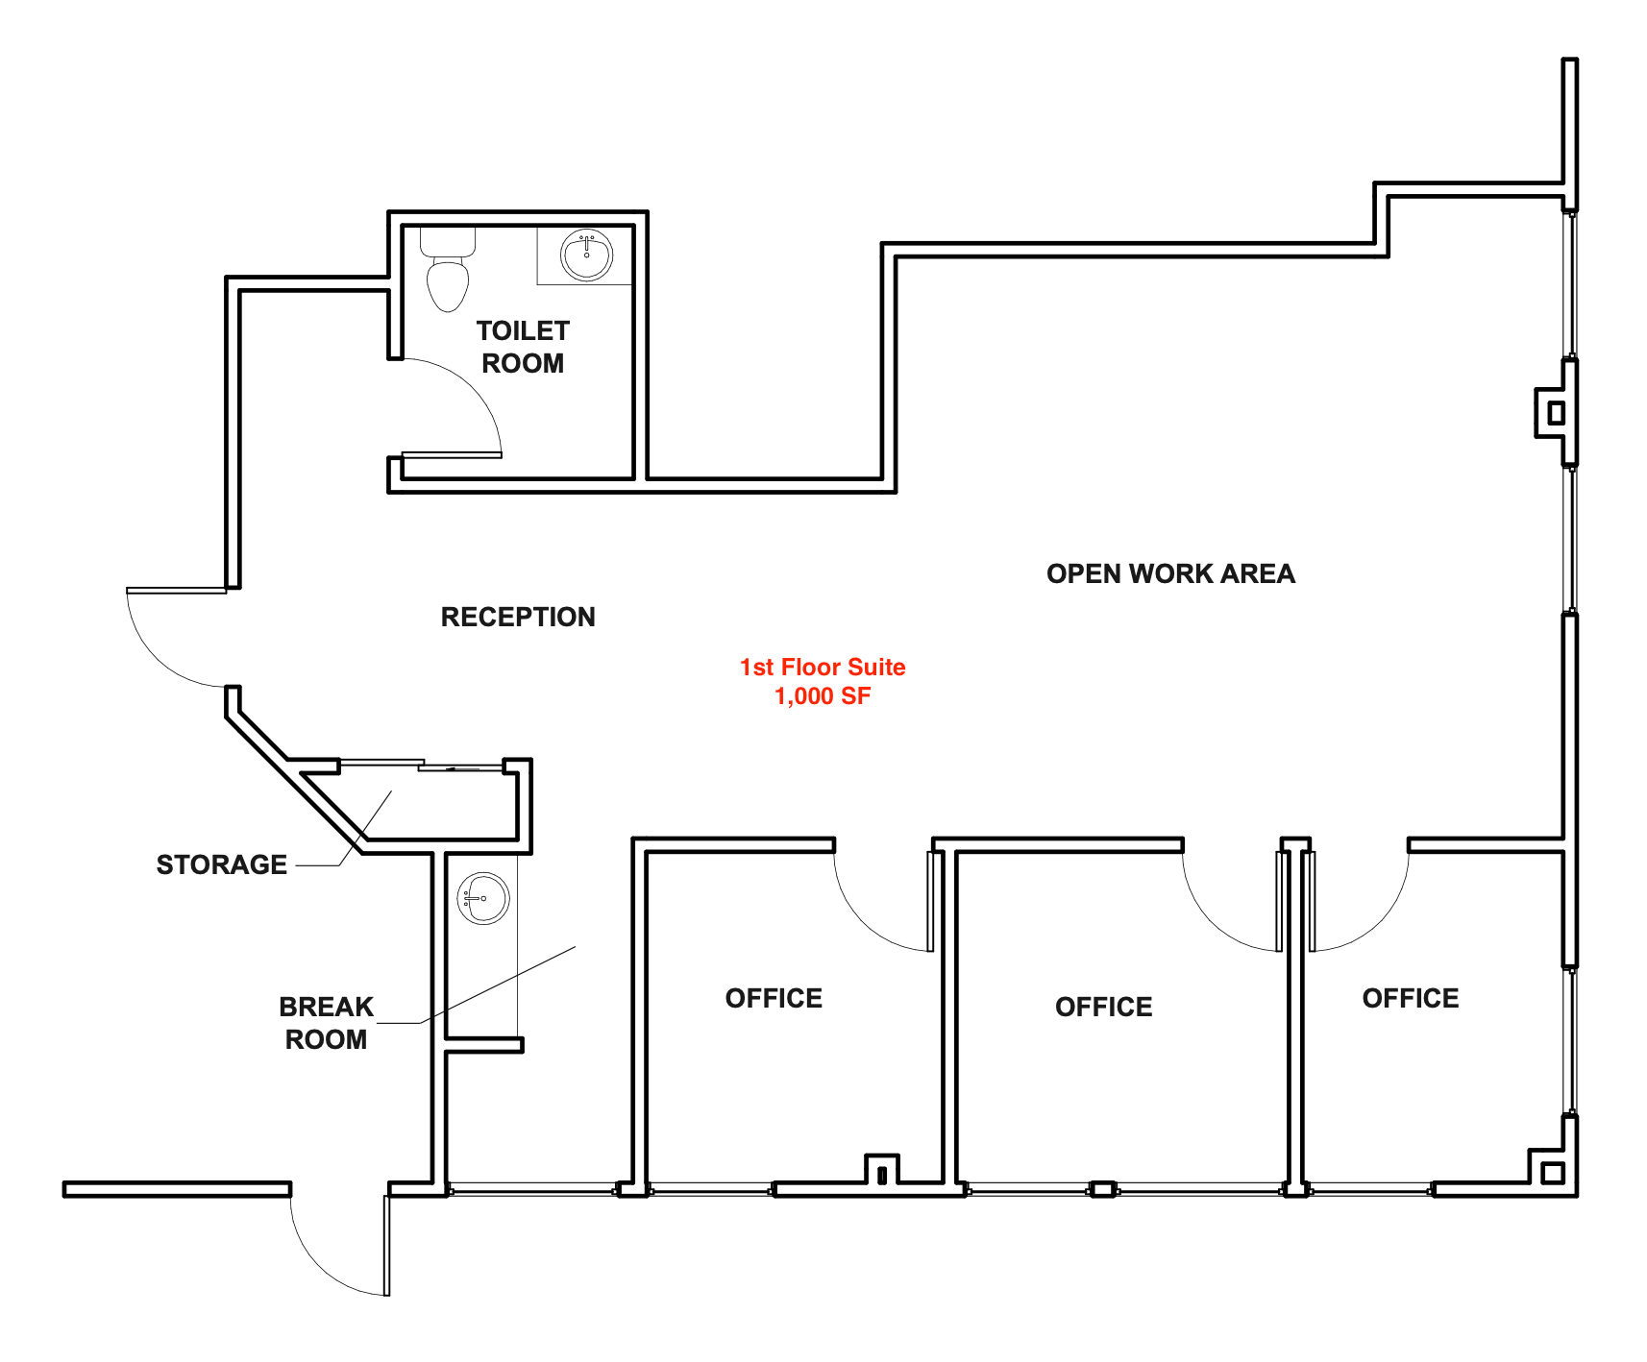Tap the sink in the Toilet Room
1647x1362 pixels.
coord(586,255)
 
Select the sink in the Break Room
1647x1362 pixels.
coord(482,898)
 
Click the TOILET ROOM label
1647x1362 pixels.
coord(523,347)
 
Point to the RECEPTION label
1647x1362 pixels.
coord(518,617)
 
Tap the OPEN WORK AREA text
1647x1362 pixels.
coord(1170,573)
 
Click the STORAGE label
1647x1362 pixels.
coord(222,864)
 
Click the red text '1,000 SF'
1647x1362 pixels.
coord(823,696)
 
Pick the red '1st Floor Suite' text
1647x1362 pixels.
coord(823,667)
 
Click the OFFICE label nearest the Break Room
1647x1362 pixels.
coord(774,998)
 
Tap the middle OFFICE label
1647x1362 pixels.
coord(1103,1007)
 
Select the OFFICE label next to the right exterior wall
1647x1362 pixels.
coord(1411,998)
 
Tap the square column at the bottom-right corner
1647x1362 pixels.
coord(1552,1173)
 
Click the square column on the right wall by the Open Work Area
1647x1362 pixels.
coord(1556,413)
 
